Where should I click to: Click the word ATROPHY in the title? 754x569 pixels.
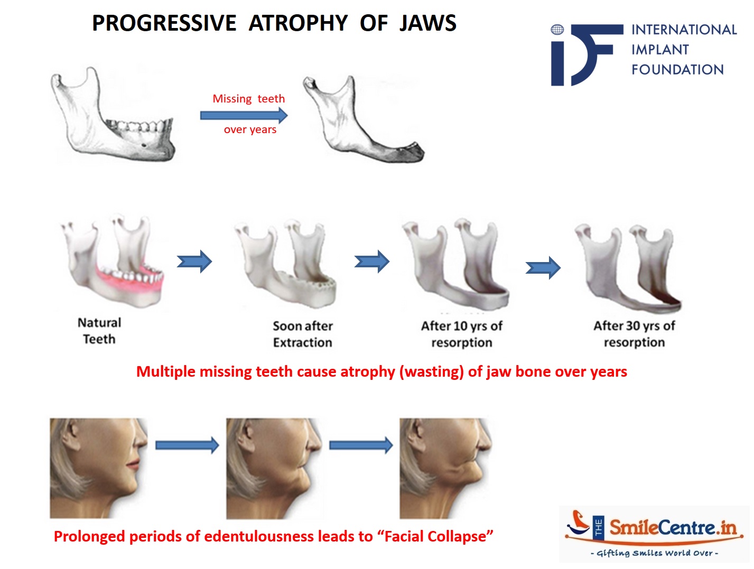click(298, 23)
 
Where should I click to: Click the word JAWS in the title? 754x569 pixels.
click(427, 23)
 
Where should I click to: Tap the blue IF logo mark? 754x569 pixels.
click(584, 54)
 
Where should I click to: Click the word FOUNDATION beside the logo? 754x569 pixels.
click(677, 70)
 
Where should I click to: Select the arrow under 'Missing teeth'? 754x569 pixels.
click(244, 115)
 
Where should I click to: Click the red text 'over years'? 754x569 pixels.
click(250, 129)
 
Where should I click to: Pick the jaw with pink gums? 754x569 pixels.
click(113, 261)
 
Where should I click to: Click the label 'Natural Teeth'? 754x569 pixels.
click(99, 331)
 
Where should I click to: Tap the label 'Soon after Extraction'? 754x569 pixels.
click(302, 334)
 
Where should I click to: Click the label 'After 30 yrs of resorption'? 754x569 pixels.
click(634, 334)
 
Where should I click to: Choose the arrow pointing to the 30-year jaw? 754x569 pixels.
click(543, 268)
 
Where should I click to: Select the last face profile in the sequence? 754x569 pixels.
click(446, 468)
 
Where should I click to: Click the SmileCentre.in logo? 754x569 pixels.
click(654, 534)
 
